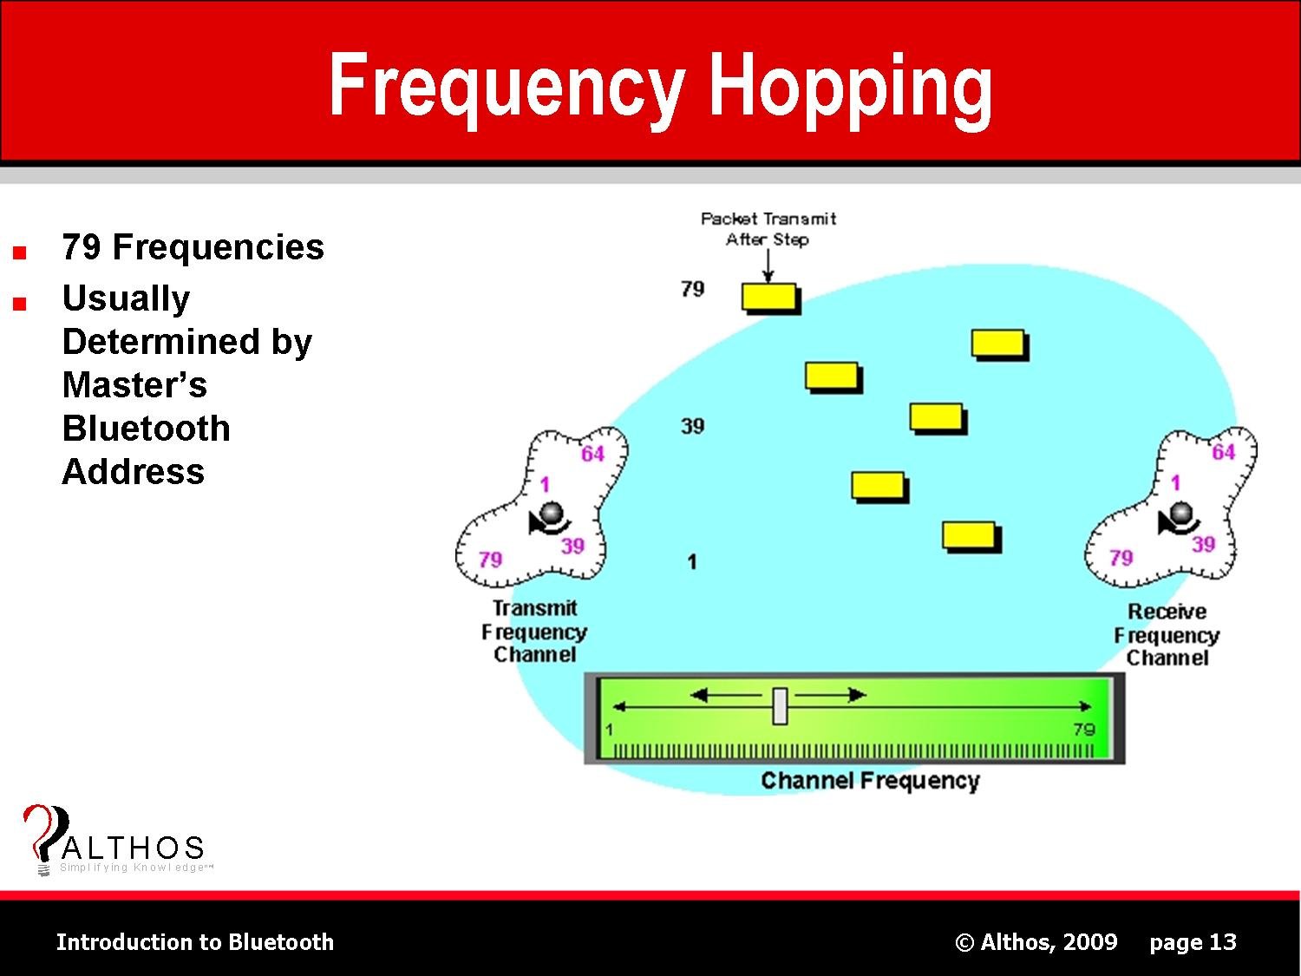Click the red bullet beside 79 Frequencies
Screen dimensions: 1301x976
point(20,253)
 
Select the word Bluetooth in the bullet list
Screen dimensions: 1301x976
point(146,428)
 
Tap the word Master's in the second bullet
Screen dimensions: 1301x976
point(134,384)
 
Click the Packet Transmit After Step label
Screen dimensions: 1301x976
point(768,229)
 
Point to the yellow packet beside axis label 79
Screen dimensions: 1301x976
point(770,298)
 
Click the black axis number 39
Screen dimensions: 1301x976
point(692,426)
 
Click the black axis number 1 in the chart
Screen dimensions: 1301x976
point(691,562)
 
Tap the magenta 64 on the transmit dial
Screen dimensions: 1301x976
point(592,454)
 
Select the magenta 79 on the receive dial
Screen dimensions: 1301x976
point(1121,558)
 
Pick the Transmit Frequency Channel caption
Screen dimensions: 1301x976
point(534,632)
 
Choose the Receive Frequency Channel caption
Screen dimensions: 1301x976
point(1167,635)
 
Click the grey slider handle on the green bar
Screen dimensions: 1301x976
point(780,706)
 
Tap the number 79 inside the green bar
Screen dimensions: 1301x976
point(1084,730)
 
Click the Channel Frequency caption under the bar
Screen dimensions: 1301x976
point(870,781)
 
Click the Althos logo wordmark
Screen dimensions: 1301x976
point(132,848)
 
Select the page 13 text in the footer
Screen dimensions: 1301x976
point(1193,942)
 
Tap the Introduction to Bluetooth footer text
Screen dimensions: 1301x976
point(195,942)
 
